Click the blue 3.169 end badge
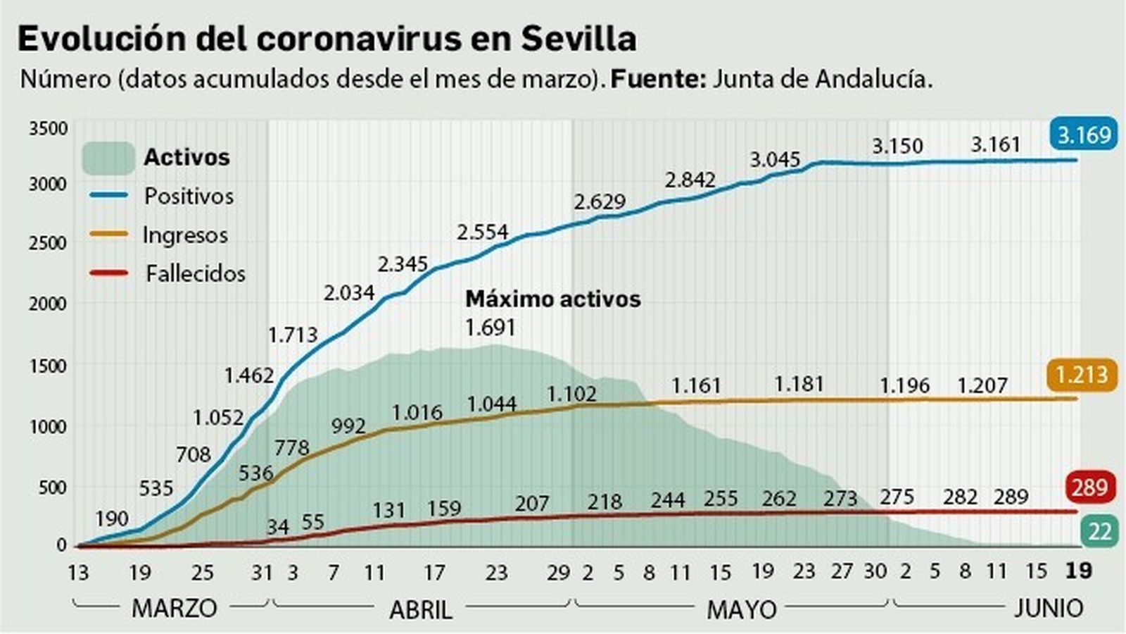point(1084,133)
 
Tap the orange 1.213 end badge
point(1082,375)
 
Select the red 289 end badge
point(1090,487)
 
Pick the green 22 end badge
point(1099,531)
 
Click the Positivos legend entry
point(189,196)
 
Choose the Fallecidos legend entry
point(195,273)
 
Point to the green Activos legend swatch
point(108,158)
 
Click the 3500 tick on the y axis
point(49,129)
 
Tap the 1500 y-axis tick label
point(49,366)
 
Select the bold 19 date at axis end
point(1078,571)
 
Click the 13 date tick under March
point(77,573)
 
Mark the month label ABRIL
point(421,609)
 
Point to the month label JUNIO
point(1048,608)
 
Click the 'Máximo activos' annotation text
point(553,299)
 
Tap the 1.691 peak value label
point(491,328)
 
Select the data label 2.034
point(349,292)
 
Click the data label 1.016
point(417,412)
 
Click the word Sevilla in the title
point(578,39)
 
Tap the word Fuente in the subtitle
point(657,79)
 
